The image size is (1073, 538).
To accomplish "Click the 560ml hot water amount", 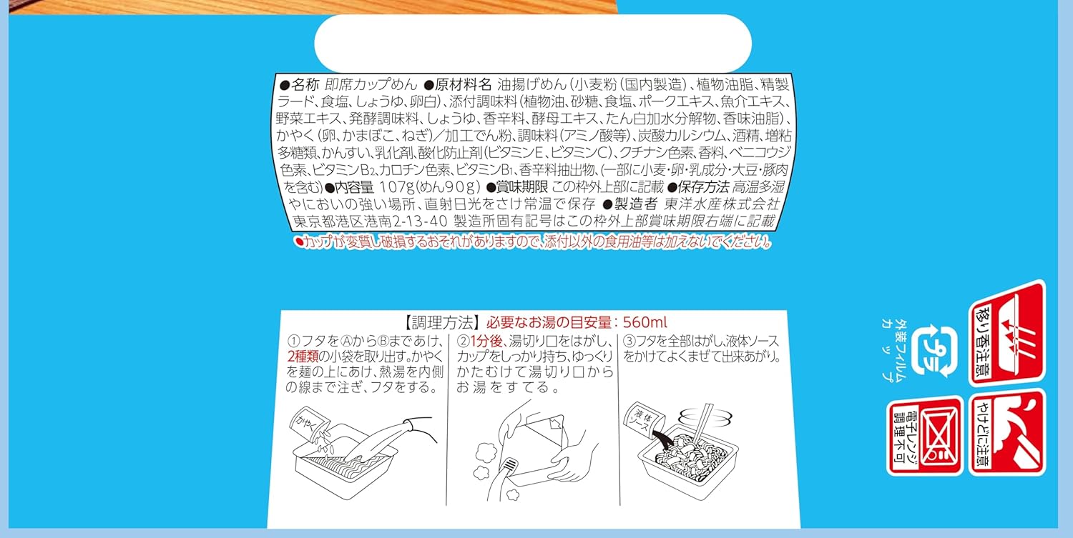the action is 645,322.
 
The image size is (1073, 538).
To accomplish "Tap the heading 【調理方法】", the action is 441,323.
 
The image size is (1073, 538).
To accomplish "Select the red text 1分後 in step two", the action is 486,342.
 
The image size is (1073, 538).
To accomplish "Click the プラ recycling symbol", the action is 934,352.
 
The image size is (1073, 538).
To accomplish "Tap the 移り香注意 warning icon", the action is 1007,333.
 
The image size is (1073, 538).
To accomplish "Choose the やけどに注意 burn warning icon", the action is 1007,433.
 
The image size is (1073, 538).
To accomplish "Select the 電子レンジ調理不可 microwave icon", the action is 925,436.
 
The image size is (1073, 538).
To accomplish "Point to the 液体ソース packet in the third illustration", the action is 645,420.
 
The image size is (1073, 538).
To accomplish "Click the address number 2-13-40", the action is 420,221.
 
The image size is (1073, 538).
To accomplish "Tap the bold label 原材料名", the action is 463,85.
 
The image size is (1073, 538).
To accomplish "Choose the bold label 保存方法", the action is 702,186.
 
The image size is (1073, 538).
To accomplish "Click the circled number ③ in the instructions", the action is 629,342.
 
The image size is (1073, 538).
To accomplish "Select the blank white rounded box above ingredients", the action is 533,43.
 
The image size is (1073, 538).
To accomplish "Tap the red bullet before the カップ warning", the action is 300,241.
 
